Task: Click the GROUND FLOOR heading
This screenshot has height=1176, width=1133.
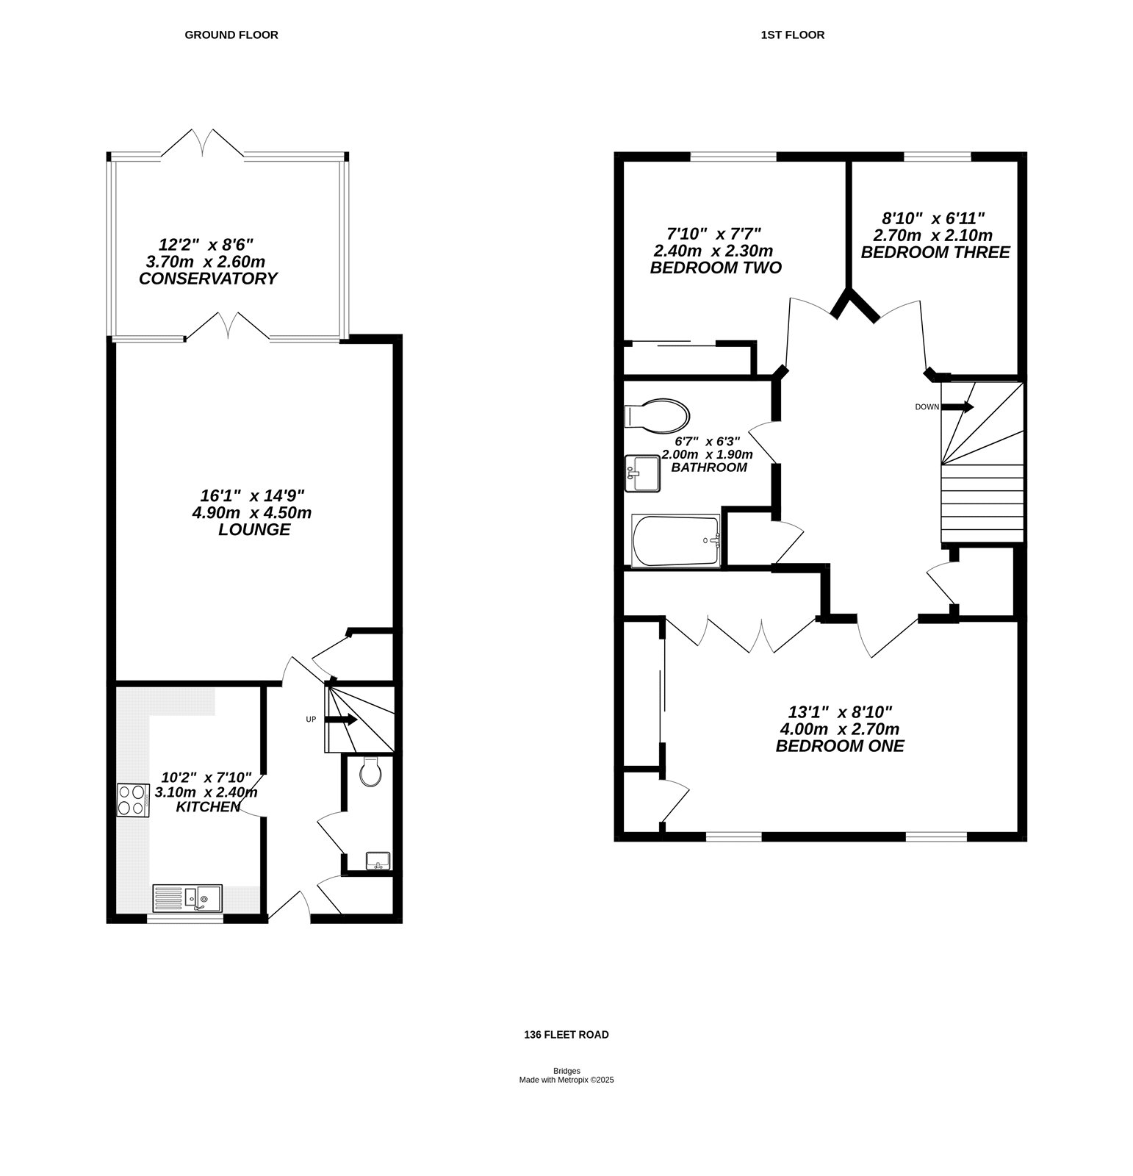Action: [x=231, y=35]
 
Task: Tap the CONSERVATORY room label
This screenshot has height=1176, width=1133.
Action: [x=209, y=279]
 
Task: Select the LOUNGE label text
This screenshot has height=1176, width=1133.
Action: [x=254, y=530]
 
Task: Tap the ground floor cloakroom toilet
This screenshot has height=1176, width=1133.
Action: [x=371, y=772]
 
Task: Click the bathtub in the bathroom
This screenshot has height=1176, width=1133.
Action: [x=676, y=541]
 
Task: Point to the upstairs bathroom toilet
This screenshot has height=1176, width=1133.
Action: [x=656, y=415]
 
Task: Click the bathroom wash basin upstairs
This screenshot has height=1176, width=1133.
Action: [x=642, y=473]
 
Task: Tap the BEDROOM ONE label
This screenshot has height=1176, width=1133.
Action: [x=840, y=746]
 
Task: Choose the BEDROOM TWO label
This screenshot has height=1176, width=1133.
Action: [x=716, y=268]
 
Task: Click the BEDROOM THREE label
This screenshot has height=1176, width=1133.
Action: [x=935, y=252]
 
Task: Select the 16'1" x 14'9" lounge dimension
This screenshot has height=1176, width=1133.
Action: [x=252, y=495]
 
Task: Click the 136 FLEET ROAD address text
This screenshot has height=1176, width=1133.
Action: [x=566, y=1034]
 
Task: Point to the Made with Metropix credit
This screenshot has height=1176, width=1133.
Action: [x=566, y=1080]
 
